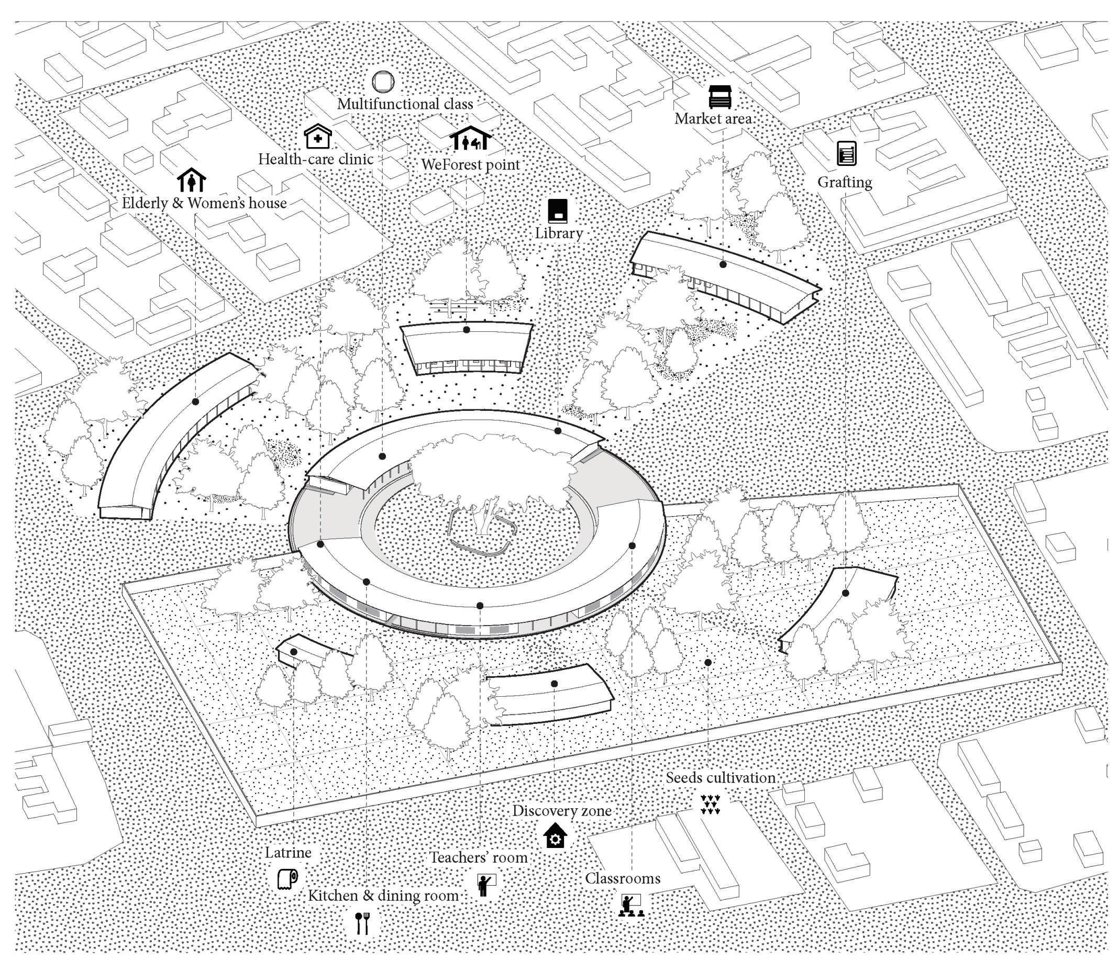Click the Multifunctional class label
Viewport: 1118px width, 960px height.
[x=405, y=104]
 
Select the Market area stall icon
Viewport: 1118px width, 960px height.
[x=720, y=96]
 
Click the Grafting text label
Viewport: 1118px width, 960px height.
[x=845, y=182]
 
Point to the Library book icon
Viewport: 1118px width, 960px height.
[x=558, y=211]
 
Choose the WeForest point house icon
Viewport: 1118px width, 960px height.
[x=471, y=139]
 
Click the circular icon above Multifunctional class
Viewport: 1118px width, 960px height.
[x=383, y=82]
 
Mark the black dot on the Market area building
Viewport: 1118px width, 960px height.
[x=723, y=264]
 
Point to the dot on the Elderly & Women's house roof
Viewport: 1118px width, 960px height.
[x=195, y=402]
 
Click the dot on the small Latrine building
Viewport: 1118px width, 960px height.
[x=294, y=652]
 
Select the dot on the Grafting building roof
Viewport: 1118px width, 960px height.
[x=846, y=593]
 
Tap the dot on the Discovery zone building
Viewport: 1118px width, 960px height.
[x=554, y=684]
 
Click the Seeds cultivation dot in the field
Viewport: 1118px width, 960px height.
[x=708, y=662]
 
